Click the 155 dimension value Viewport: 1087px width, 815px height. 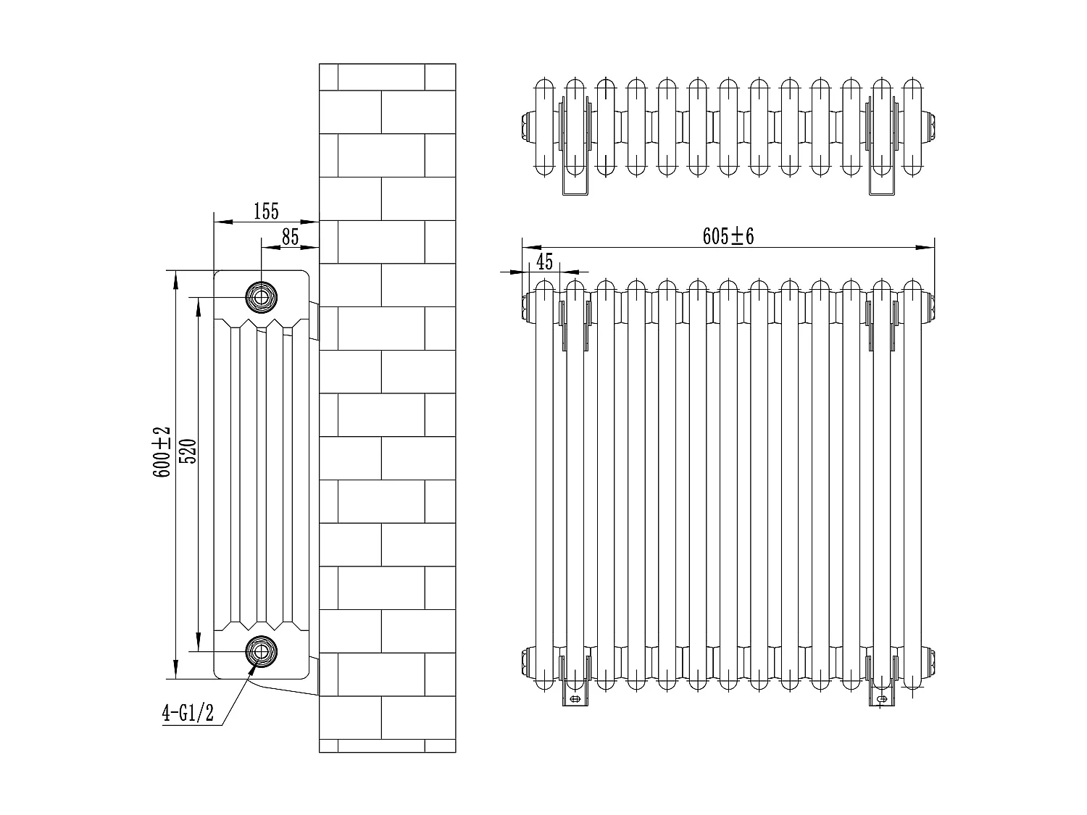coord(266,212)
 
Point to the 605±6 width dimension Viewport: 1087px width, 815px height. coord(728,236)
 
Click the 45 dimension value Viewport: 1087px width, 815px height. coord(544,262)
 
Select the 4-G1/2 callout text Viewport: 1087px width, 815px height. coord(188,714)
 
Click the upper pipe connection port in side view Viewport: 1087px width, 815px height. coord(261,296)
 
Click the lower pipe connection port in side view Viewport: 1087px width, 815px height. coord(261,651)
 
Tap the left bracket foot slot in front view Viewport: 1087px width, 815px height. coord(575,699)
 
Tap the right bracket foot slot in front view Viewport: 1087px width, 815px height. coord(882,699)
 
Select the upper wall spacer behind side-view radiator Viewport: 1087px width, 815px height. coord(315,322)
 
